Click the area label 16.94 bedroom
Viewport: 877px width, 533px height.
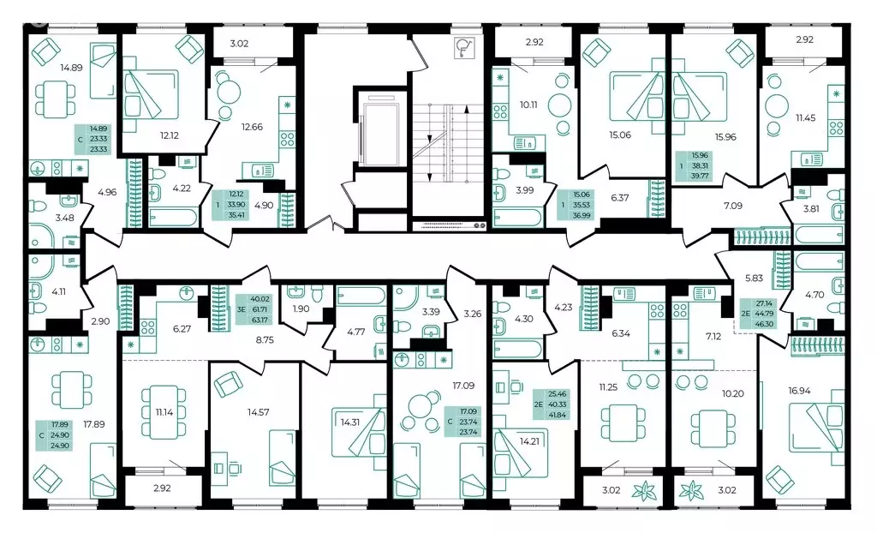(x=799, y=391)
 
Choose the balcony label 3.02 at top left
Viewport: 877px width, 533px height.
(x=240, y=43)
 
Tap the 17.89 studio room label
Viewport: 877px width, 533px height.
(x=94, y=424)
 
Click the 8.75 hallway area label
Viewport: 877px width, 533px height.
(x=265, y=338)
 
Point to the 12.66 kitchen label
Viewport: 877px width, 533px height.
(x=252, y=127)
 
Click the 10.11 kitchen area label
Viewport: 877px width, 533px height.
(x=528, y=105)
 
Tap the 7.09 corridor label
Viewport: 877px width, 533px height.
(x=733, y=206)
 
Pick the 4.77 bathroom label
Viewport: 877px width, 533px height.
(x=355, y=331)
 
